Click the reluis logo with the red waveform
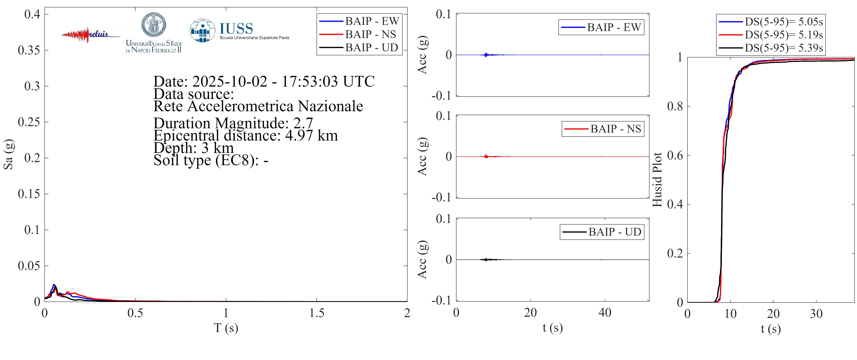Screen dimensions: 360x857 click(90, 35)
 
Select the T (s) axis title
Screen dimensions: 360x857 click(226, 328)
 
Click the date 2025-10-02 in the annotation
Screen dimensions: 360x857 click(229, 82)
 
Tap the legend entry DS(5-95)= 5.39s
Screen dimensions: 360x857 click(783, 48)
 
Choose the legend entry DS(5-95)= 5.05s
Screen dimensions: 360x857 click(783, 22)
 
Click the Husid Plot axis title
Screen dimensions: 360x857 click(657, 180)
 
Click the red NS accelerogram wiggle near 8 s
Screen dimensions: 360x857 click(486, 156)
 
